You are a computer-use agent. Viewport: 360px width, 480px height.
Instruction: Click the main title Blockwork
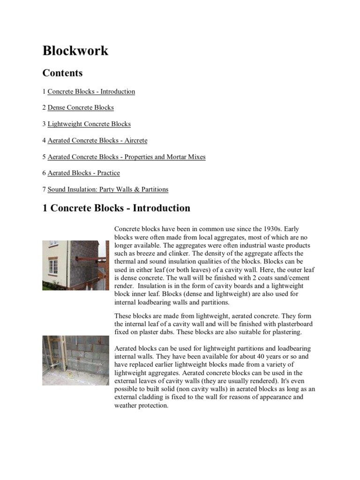(75, 51)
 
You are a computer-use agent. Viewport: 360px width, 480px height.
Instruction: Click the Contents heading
(62, 73)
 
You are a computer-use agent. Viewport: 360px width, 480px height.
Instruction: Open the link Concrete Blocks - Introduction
(91, 91)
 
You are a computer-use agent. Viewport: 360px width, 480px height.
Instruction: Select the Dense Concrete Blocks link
(81, 108)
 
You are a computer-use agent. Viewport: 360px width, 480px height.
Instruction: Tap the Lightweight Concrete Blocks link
(89, 124)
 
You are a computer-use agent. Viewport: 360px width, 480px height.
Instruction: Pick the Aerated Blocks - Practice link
(84, 173)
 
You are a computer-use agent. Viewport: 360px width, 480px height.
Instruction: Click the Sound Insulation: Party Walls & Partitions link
(108, 189)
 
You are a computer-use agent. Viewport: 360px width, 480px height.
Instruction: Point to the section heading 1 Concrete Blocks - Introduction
(116, 208)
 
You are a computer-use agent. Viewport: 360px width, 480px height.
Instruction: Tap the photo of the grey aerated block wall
(75, 360)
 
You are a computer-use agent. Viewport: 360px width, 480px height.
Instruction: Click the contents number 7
(44, 189)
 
